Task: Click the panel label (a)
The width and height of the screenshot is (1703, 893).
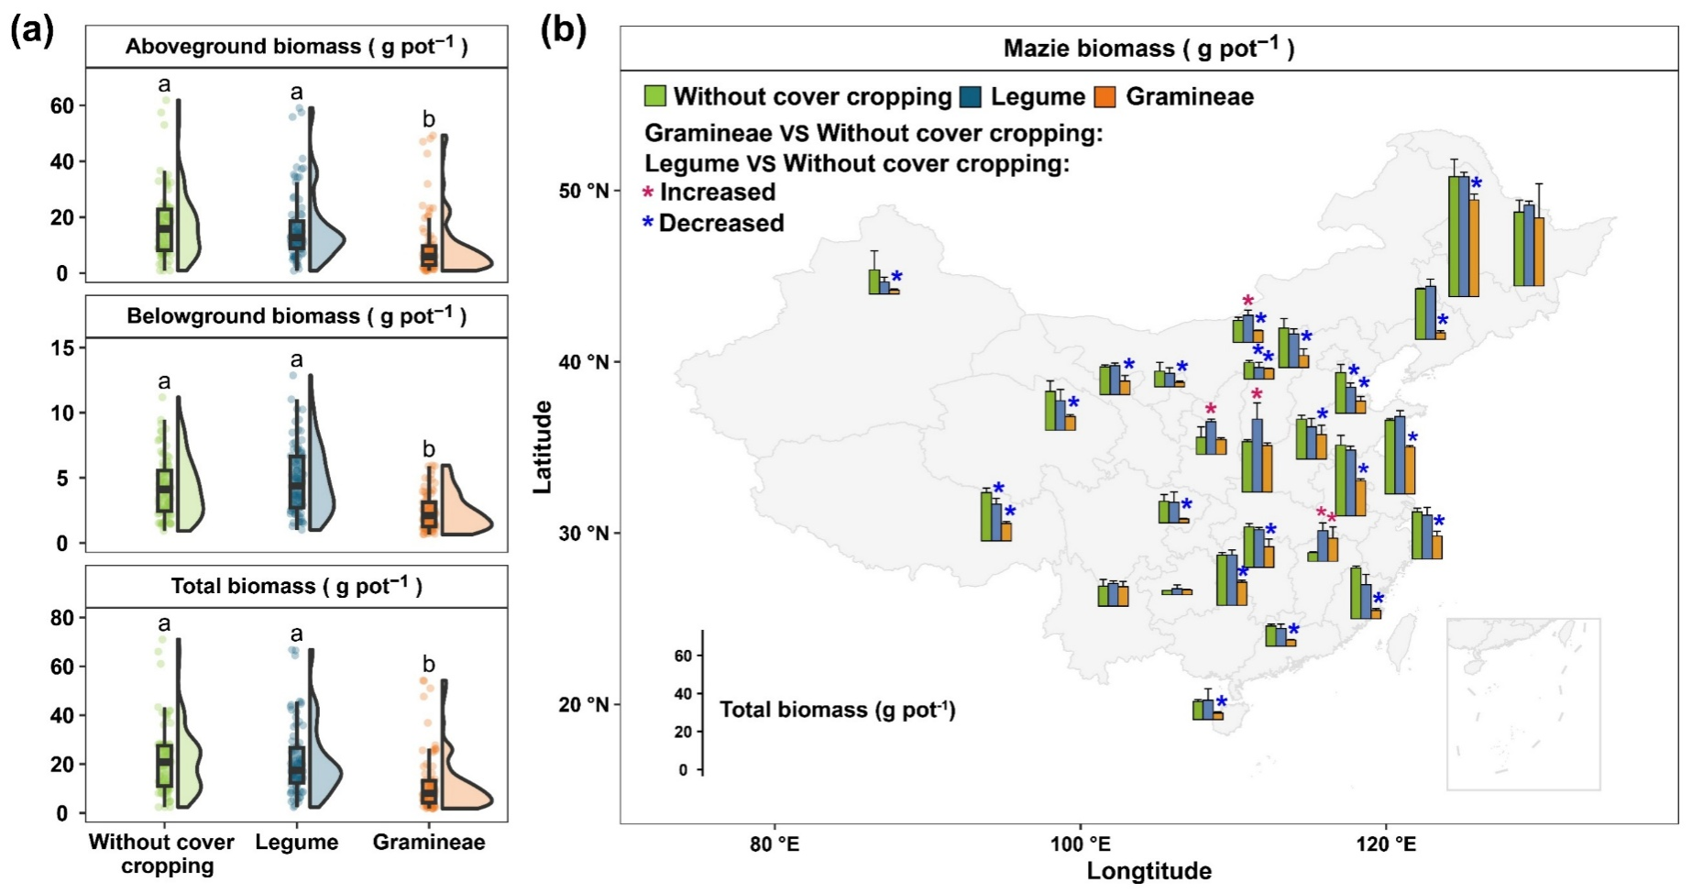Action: [x=31, y=31]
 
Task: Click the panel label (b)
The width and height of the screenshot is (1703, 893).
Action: [x=562, y=31]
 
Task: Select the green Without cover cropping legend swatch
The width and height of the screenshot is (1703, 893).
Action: [x=655, y=96]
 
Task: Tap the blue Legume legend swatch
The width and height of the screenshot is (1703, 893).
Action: [x=971, y=96]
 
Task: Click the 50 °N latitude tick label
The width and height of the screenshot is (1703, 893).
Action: [x=584, y=191]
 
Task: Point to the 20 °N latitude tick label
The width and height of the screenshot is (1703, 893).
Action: [x=584, y=704]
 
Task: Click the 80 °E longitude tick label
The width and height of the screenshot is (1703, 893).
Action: [x=775, y=843]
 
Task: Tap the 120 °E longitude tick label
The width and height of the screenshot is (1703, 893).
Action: [x=1385, y=843]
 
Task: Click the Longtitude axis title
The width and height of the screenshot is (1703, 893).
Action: [x=1148, y=871]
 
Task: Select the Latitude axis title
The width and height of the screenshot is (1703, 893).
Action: [x=543, y=446]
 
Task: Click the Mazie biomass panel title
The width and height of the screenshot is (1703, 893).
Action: [x=1148, y=48]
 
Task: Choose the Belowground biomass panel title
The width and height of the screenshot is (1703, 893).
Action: [x=296, y=316]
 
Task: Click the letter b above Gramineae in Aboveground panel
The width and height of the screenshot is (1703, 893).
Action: [x=428, y=119]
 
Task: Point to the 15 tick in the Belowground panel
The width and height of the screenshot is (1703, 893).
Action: [x=63, y=348]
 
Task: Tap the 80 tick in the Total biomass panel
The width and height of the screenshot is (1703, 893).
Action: [x=62, y=618]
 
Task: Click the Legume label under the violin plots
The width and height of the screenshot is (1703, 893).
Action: [x=296, y=842]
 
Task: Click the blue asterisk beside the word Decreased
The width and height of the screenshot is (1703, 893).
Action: [x=648, y=224]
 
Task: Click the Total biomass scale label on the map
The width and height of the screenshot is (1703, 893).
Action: [x=837, y=710]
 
